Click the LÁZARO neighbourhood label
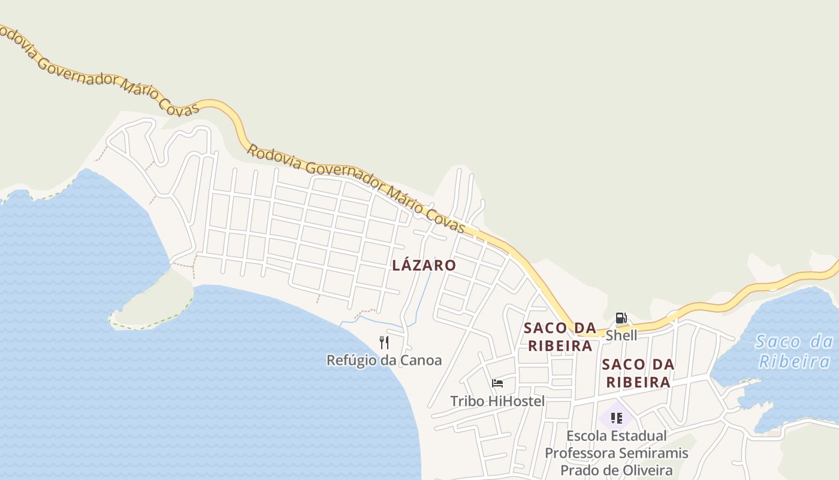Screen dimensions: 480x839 (x=424, y=265)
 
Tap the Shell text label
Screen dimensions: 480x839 (x=621, y=335)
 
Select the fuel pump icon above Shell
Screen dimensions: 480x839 (x=621, y=318)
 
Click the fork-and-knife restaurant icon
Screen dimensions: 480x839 (x=384, y=343)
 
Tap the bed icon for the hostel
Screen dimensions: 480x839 (x=497, y=383)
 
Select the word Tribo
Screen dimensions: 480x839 (x=467, y=401)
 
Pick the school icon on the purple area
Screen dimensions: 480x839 (x=616, y=418)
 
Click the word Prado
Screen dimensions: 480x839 (x=578, y=470)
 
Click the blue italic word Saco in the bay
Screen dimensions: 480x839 (x=777, y=342)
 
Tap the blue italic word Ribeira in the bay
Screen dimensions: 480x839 (x=794, y=362)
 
